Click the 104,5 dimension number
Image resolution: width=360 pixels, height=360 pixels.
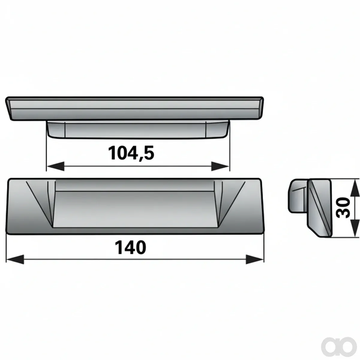131,153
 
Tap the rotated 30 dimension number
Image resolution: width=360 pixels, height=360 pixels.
343,208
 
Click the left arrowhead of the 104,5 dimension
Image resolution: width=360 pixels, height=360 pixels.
55,166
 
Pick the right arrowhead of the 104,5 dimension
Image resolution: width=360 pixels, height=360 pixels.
220,166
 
